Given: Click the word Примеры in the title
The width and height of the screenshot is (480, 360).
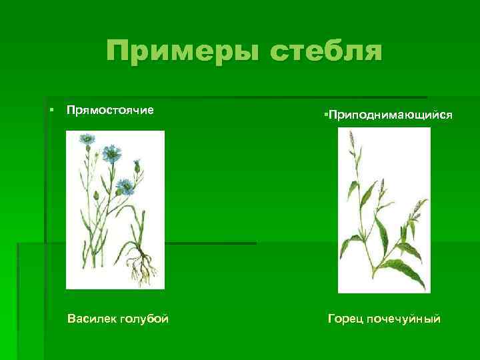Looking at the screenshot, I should (x=179, y=51).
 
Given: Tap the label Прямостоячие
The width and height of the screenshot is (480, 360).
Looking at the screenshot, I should (x=110, y=109).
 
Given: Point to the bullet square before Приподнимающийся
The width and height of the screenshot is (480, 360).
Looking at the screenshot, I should (x=323, y=115).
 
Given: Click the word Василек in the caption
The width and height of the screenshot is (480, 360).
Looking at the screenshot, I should (x=91, y=319).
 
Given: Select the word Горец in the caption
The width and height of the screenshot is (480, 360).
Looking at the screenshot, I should (x=345, y=319).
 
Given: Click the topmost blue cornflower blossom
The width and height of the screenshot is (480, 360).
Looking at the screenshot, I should (x=86, y=139).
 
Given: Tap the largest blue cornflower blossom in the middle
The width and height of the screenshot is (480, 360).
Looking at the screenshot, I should (x=111, y=155).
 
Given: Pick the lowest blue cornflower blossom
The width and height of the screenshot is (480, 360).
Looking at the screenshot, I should (x=124, y=185).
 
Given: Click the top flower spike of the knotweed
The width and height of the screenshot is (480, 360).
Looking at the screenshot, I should (x=351, y=140).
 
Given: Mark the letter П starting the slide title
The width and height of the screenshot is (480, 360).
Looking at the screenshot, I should (x=118, y=51).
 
